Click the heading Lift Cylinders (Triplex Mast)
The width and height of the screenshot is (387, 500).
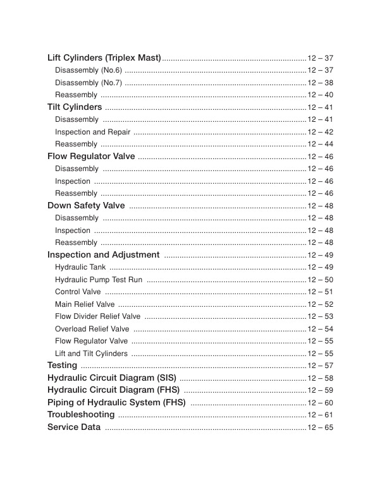[104, 58]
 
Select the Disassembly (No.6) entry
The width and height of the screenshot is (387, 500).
[89, 70]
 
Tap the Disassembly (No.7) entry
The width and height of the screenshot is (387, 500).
[89, 83]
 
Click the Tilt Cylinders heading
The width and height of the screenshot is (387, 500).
[75, 107]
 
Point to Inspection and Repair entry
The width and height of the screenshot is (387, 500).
[93, 132]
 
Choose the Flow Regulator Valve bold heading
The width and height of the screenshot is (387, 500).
[91, 156]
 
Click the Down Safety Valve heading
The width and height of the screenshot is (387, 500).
[86, 205]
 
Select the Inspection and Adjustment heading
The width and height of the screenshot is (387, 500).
[104, 255]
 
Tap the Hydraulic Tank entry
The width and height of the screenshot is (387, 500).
[80, 267]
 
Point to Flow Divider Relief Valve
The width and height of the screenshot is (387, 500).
[98, 316]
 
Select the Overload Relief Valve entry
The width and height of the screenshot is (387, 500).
[92, 329]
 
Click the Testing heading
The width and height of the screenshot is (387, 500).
[63, 366]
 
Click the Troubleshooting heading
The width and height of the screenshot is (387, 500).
[81, 415]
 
